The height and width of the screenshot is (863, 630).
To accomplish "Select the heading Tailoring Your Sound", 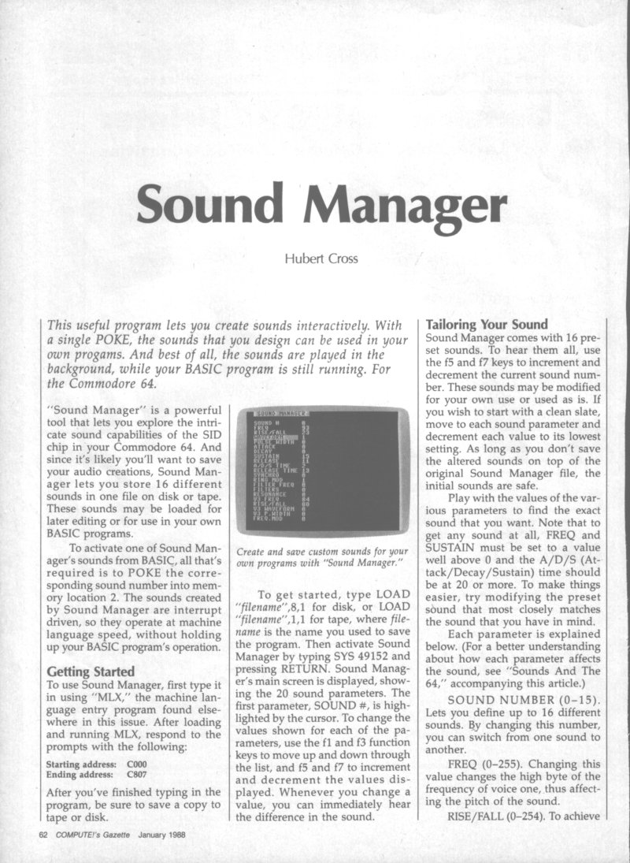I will coord(486,323).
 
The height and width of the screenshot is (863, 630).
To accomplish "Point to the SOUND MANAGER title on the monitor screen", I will coord(280,413).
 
